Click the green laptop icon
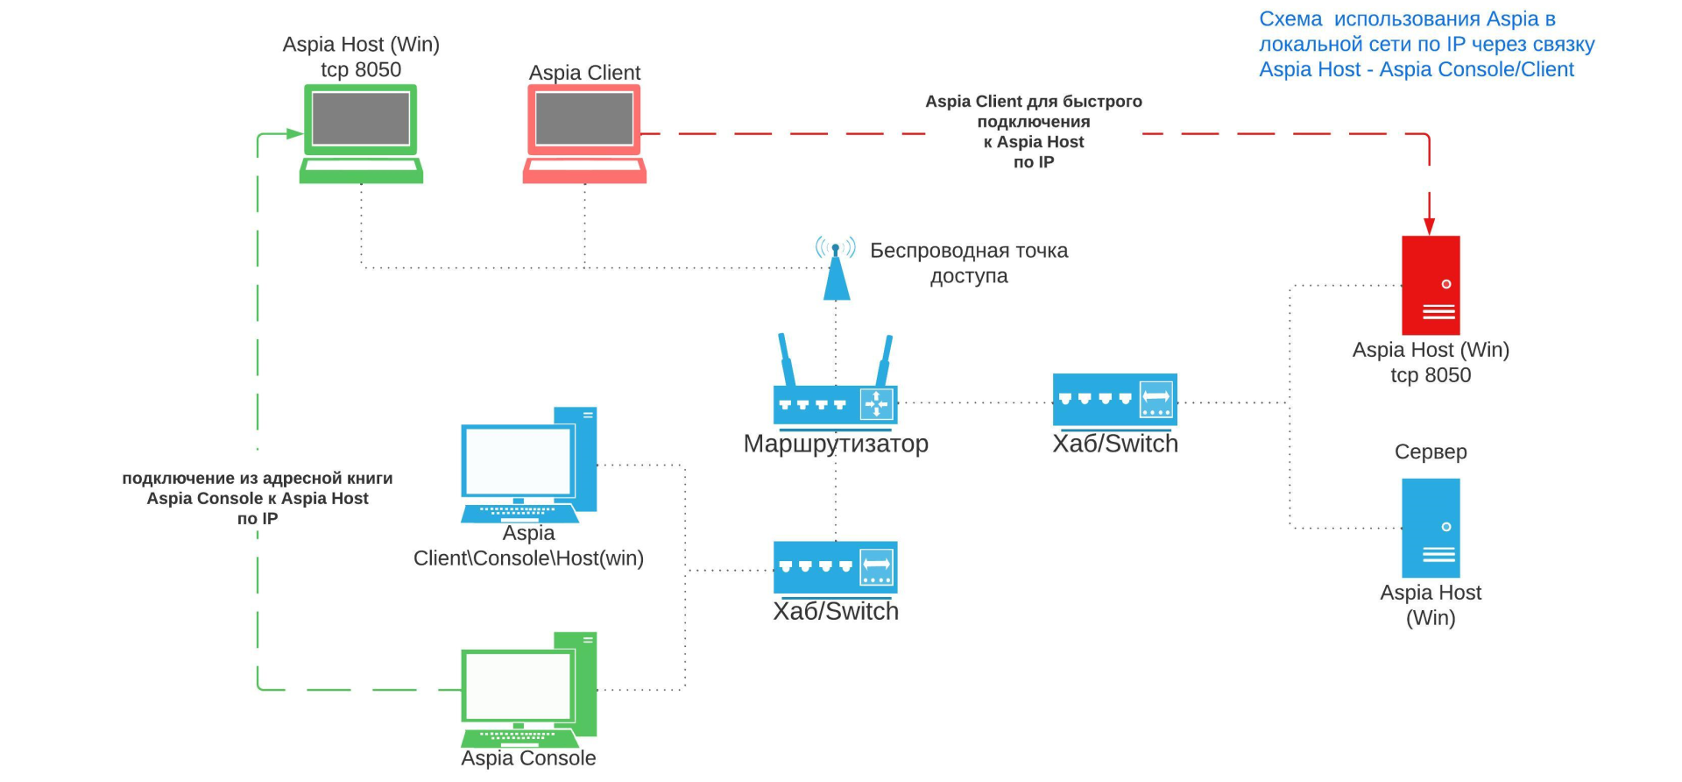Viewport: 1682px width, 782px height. [361, 133]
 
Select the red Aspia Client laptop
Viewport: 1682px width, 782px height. [584, 133]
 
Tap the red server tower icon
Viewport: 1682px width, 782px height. [1431, 285]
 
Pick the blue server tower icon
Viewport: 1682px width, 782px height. [1431, 528]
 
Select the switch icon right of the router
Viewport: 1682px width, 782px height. [1114, 400]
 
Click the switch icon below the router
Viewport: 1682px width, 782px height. [836, 567]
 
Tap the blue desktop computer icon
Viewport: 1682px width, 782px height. [528, 465]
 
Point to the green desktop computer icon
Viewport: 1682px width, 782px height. [528, 690]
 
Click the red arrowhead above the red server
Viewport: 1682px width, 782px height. [1430, 226]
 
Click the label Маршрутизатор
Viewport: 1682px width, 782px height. [836, 444]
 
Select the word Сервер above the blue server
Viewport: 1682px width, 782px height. [1431, 451]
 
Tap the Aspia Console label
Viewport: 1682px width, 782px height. [528, 758]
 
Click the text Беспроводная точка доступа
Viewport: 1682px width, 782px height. [969, 263]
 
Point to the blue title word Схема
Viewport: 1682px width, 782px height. [1290, 19]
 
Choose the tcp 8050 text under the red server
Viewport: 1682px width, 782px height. [1431, 375]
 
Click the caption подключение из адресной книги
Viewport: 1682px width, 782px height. [258, 479]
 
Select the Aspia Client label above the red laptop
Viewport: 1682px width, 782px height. [584, 73]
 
